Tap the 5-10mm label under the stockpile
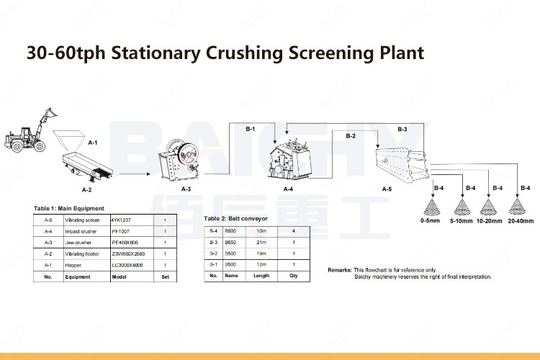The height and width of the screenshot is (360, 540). coord(462,220)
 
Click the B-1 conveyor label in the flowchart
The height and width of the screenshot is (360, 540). coord(251,129)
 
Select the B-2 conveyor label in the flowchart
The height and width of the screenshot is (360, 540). coord(351,135)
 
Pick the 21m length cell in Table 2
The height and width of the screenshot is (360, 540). coord(261,242)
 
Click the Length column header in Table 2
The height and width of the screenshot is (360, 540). coord(261,275)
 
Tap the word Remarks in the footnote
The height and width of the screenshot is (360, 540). coord(340,269)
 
